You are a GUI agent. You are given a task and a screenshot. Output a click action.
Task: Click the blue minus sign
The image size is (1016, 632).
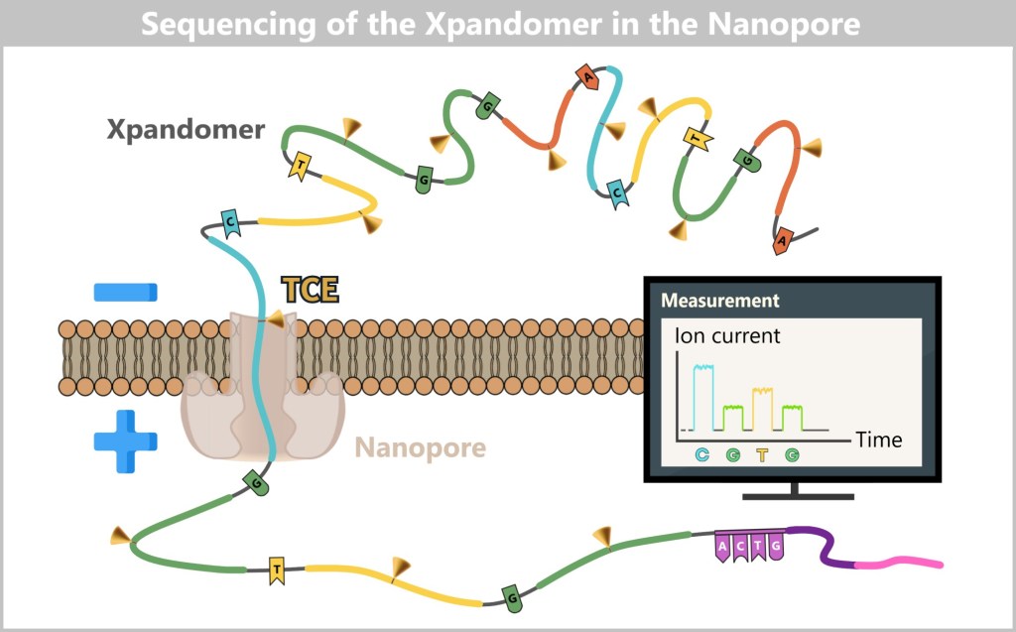tap(125, 292)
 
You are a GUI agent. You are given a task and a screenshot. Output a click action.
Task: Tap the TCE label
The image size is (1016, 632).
tap(310, 290)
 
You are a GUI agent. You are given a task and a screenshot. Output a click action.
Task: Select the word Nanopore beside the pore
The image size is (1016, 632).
tap(421, 448)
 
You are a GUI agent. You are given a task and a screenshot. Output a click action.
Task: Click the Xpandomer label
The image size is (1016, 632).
tap(187, 130)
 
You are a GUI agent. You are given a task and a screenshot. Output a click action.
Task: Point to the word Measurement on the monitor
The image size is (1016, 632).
tap(720, 301)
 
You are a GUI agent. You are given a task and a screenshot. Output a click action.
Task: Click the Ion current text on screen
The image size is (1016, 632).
tap(727, 335)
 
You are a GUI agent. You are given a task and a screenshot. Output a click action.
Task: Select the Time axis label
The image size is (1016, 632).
tap(879, 439)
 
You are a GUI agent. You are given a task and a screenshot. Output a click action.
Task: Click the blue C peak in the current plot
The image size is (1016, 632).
tap(702, 397)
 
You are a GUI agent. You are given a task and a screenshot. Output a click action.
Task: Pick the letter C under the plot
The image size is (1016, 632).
tap(702, 456)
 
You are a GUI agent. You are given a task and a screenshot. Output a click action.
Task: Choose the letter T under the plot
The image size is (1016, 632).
tap(762, 456)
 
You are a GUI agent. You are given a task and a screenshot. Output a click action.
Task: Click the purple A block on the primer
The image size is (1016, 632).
tap(723, 547)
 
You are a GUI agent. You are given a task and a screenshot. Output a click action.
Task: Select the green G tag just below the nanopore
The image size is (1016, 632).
tap(255, 483)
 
